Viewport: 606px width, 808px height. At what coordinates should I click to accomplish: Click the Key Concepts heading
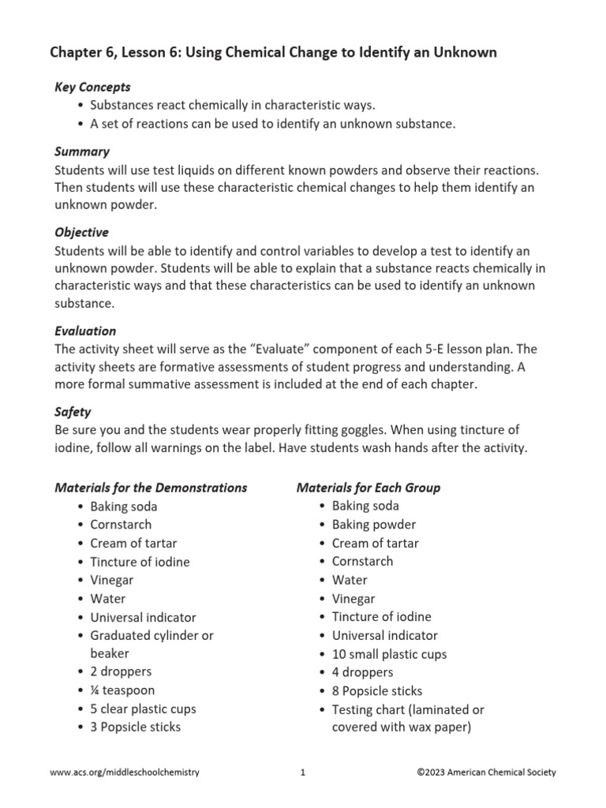click(x=92, y=87)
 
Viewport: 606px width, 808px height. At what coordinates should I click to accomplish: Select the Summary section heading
click(x=82, y=151)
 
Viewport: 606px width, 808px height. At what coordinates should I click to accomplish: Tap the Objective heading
click(x=82, y=233)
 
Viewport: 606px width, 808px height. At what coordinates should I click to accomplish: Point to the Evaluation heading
click(x=85, y=331)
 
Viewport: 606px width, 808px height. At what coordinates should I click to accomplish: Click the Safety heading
click(x=73, y=412)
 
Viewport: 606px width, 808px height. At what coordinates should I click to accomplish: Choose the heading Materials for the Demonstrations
click(x=151, y=488)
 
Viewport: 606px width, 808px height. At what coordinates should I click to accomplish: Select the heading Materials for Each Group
click(x=368, y=488)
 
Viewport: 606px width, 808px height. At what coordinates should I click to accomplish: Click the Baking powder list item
click(x=374, y=525)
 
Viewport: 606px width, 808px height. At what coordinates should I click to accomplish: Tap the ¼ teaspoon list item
click(x=122, y=690)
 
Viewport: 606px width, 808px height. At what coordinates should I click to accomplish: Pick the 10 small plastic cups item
click(x=390, y=654)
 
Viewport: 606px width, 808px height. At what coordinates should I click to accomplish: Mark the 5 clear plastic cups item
click(x=144, y=709)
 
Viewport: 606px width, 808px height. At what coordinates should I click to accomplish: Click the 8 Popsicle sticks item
click(x=377, y=691)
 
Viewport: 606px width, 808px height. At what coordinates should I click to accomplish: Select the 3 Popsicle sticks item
click(x=136, y=727)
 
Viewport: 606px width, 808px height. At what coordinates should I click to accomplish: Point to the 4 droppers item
click(x=362, y=672)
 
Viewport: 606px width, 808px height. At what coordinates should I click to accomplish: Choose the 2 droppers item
click(x=121, y=671)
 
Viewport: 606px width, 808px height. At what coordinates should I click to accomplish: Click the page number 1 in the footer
click(x=302, y=772)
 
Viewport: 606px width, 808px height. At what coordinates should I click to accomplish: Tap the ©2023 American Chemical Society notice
click(x=486, y=772)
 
